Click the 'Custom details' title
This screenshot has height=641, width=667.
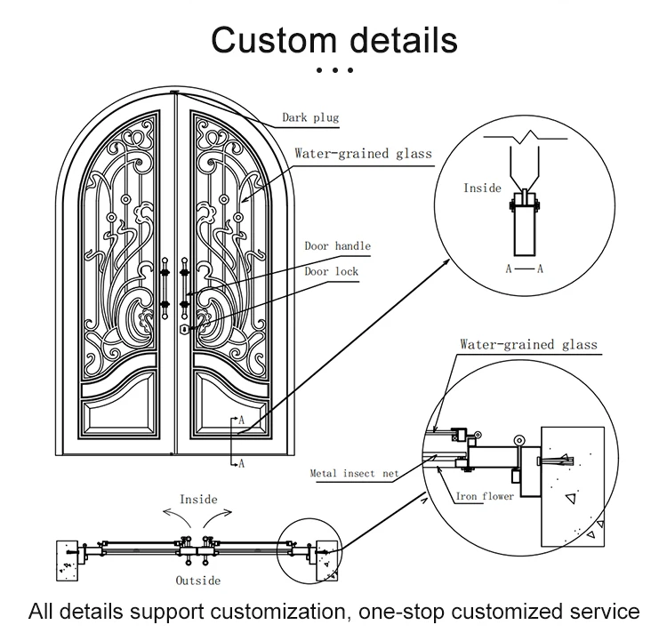(333, 39)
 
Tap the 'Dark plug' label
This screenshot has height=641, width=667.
(310, 116)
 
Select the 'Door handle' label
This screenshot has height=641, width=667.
(337, 246)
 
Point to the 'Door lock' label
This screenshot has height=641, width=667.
(332, 271)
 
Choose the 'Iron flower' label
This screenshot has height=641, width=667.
(485, 496)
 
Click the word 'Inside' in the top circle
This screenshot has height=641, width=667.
(483, 188)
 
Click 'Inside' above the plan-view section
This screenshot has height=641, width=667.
(198, 500)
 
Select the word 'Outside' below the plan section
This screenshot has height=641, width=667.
(197, 581)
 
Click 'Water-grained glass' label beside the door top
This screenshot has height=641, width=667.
(363, 153)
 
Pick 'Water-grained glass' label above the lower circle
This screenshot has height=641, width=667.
(528, 344)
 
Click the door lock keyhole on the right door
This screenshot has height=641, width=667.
(184, 329)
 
